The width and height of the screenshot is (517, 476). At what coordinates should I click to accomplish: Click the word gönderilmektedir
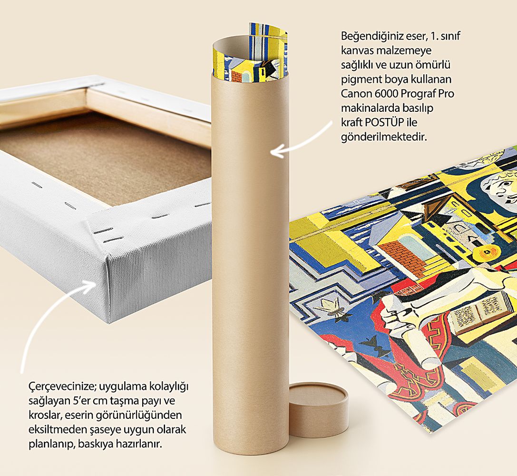(x=384, y=137)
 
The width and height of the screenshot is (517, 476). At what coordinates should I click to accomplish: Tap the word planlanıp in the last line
(x=52, y=444)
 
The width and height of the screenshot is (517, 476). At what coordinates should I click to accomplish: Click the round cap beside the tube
(x=319, y=409)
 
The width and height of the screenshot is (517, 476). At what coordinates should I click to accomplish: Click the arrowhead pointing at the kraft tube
(x=276, y=152)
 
